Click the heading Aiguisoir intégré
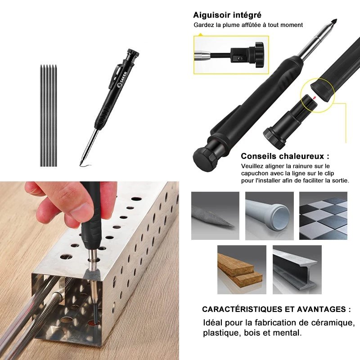227,15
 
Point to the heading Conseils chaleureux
285,157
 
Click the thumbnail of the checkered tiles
323,216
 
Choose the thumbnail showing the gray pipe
269,216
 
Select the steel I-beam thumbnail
297,269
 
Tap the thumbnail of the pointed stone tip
215,216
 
